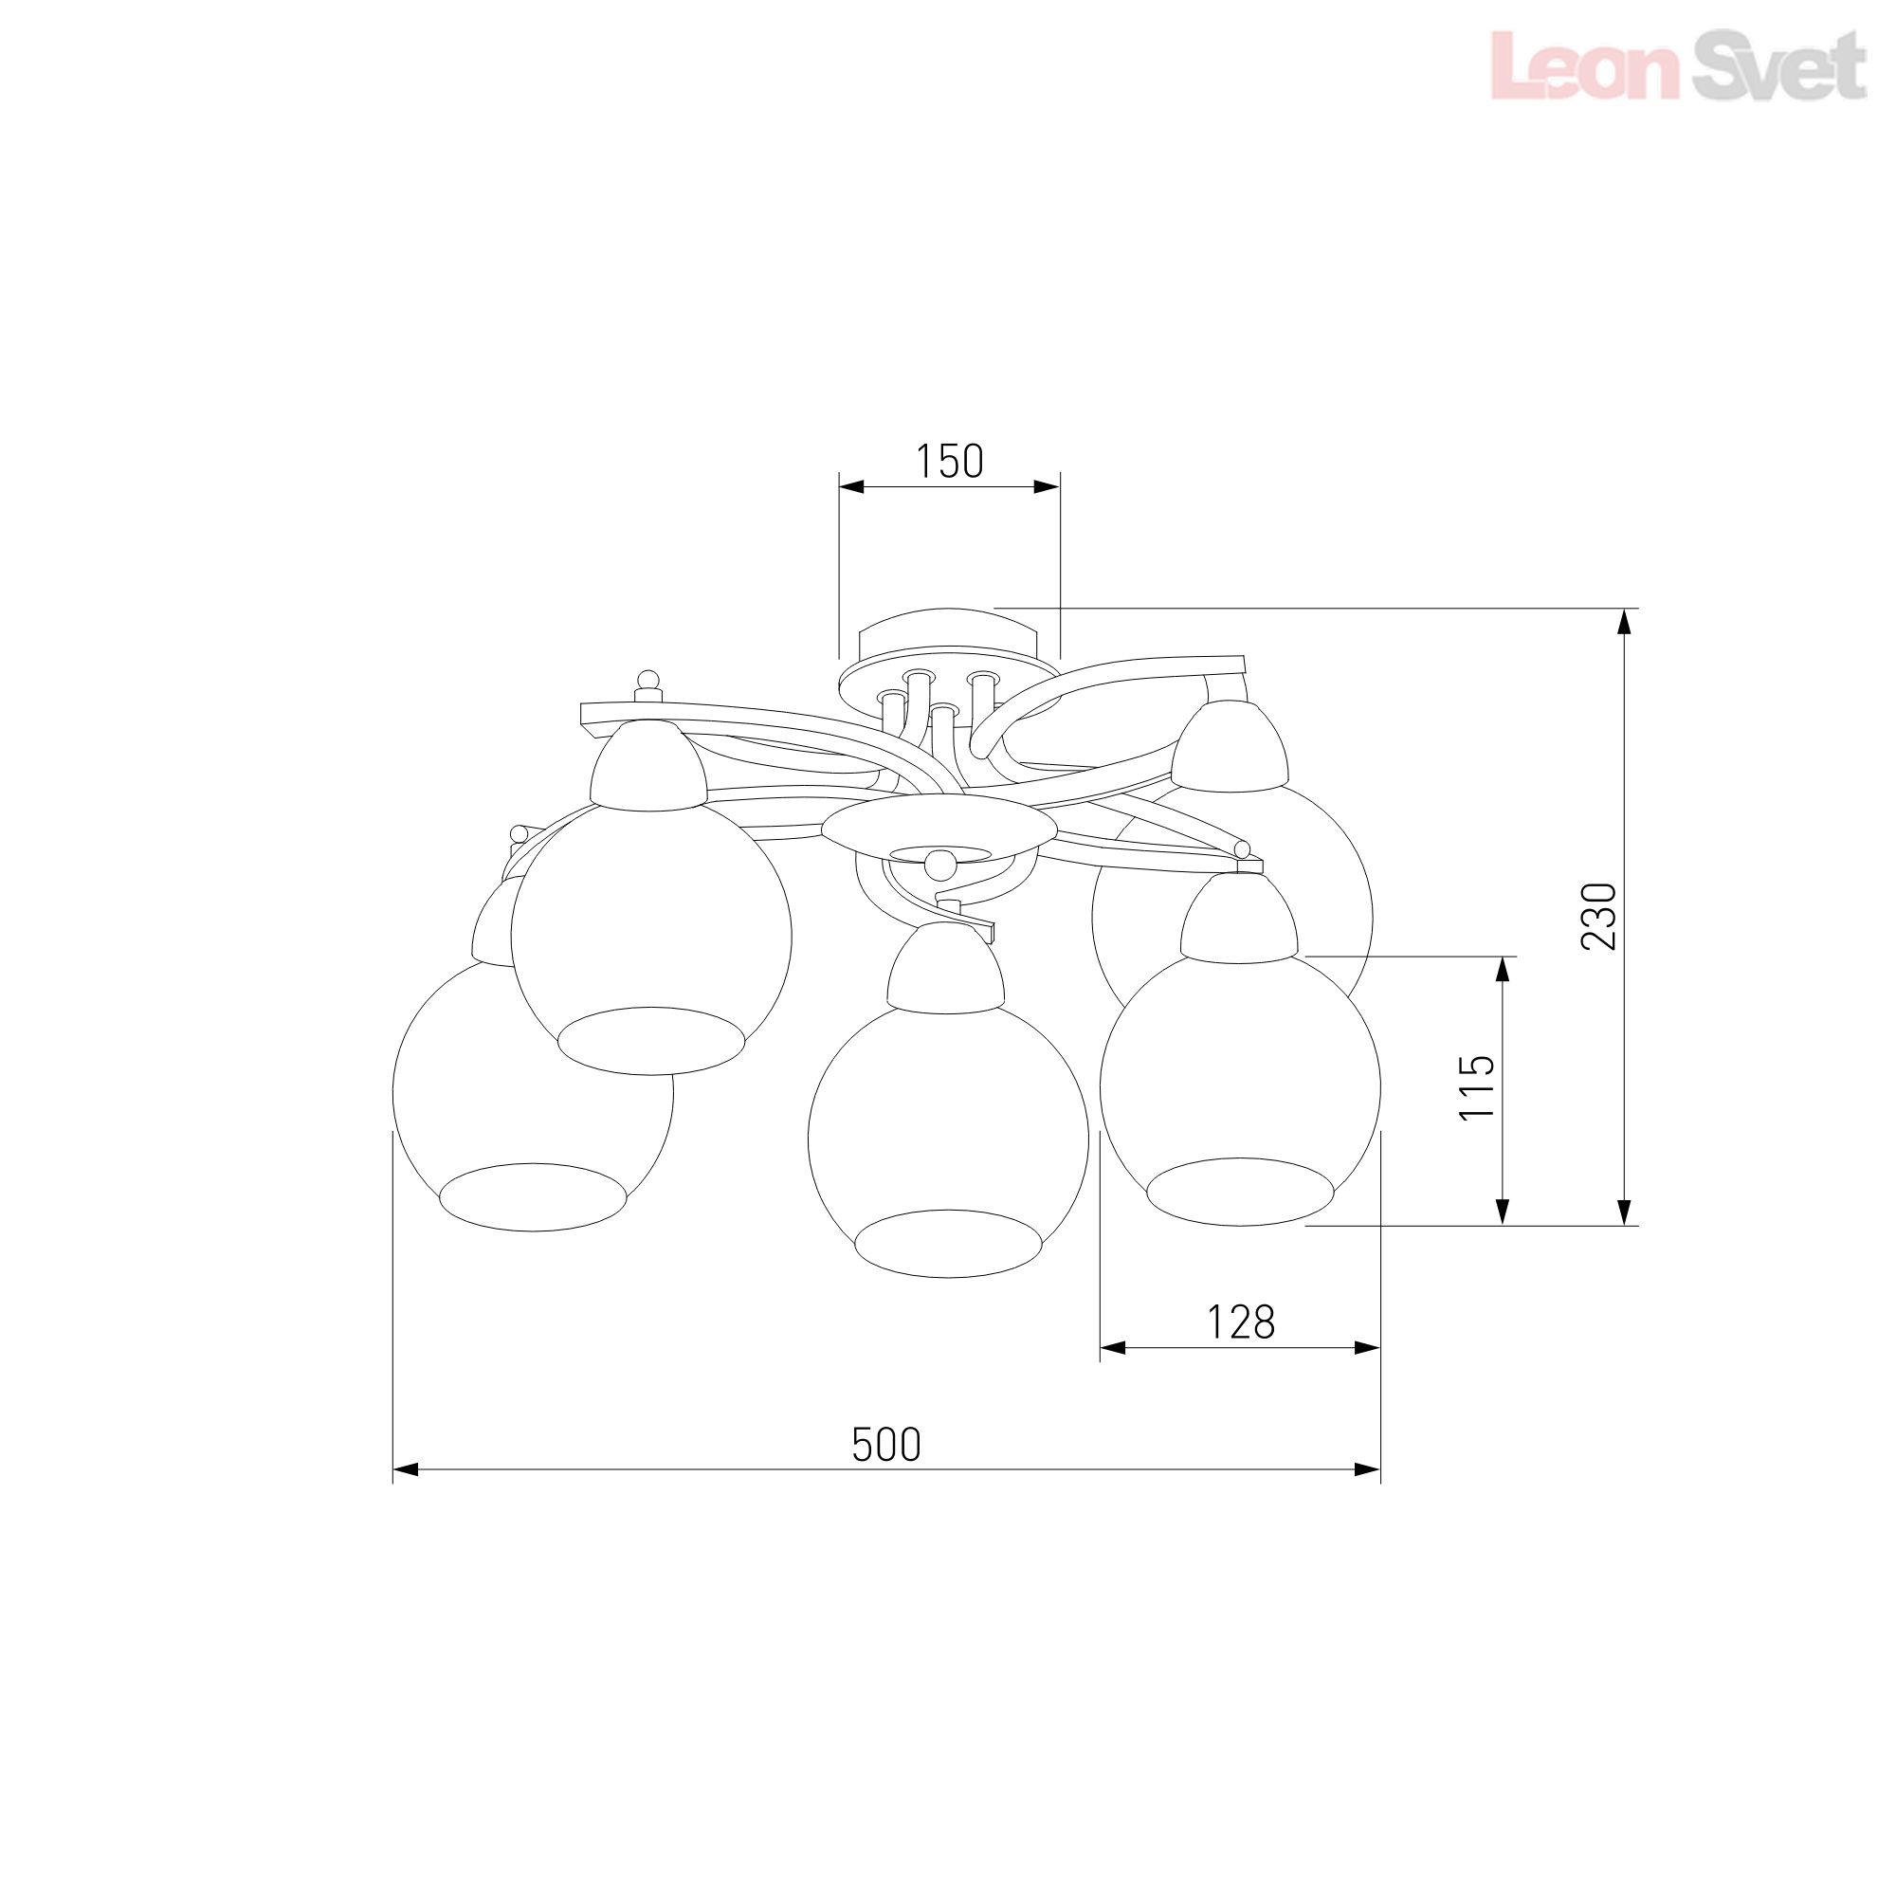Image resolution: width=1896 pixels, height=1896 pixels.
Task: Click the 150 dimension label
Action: (949, 462)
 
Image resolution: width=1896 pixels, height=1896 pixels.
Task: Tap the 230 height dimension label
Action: (1598, 916)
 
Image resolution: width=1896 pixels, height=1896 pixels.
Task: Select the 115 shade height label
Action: (1476, 1087)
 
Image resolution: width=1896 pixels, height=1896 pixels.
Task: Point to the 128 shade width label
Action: (1240, 1322)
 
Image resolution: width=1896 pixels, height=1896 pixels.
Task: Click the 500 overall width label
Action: (886, 1446)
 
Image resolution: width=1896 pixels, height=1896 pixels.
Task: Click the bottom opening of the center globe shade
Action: (947, 1244)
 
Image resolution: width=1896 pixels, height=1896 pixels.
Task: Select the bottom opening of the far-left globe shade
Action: (533, 1197)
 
